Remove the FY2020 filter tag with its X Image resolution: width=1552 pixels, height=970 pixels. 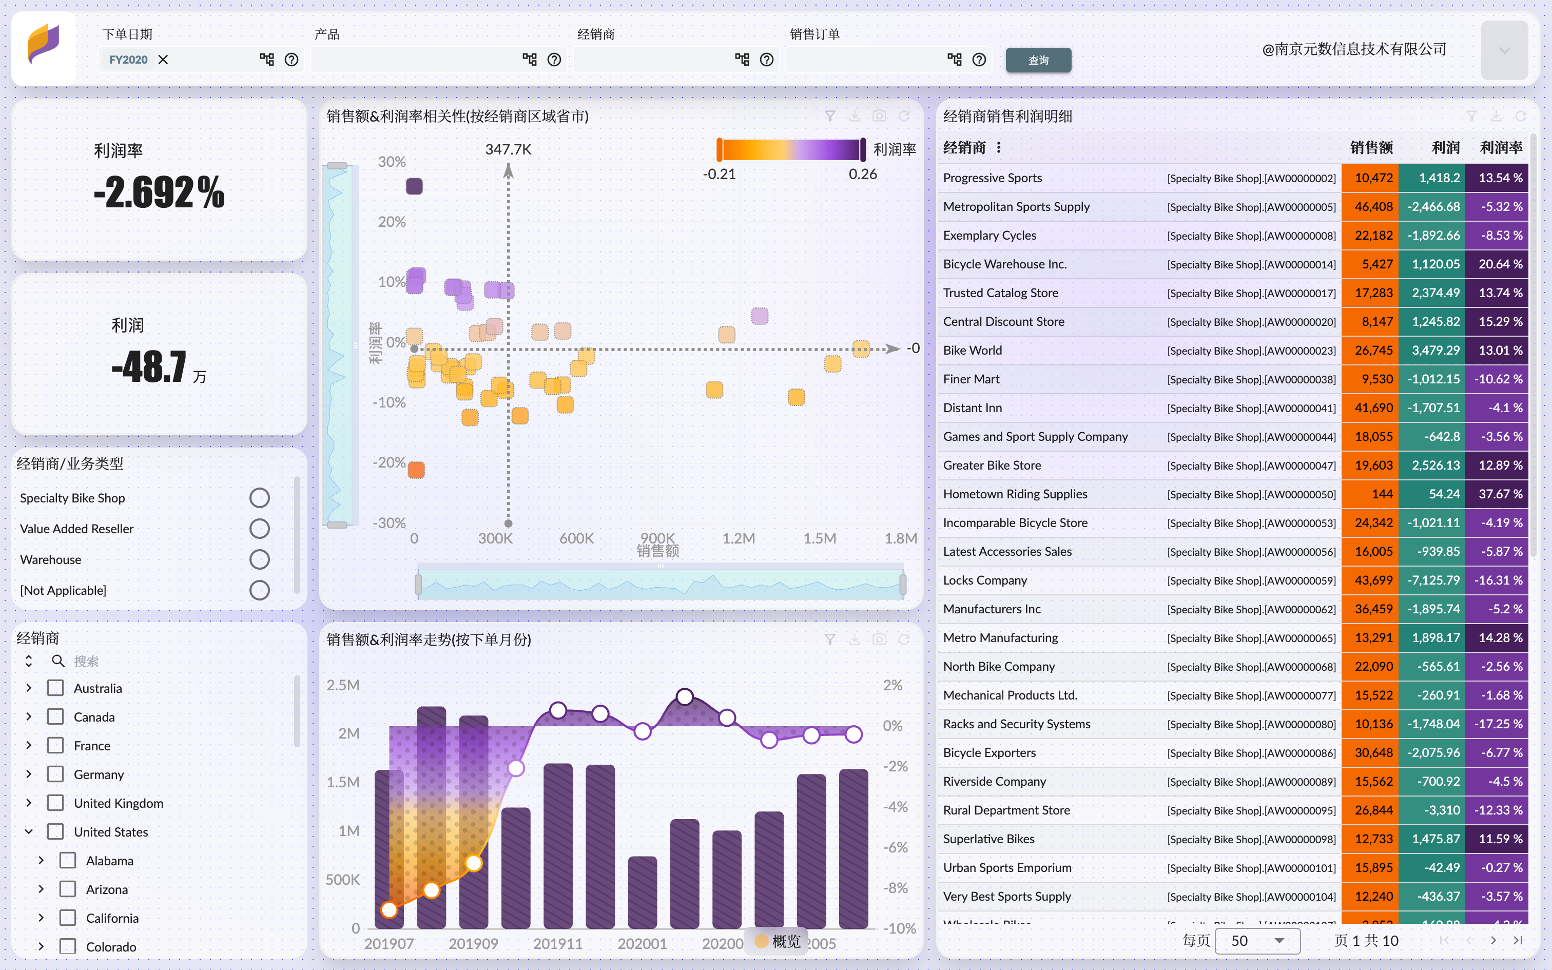[x=164, y=60]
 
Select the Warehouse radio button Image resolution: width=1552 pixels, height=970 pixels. [x=259, y=559]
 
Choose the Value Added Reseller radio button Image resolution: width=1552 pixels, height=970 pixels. [x=259, y=529]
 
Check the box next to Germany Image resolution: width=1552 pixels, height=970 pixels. [x=56, y=774]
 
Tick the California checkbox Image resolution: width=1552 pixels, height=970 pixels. [x=68, y=918]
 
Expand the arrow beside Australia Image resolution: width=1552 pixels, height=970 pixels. [x=29, y=688]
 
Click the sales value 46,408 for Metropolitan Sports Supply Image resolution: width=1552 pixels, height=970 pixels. [x=1373, y=206]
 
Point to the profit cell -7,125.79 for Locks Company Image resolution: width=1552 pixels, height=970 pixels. [x=1433, y=580]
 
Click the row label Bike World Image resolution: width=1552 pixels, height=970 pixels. [x=972, y=350]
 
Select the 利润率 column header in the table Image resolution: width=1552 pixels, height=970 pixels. [x=1501, y=148]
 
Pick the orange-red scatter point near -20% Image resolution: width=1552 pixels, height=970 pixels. [x=416, y=470]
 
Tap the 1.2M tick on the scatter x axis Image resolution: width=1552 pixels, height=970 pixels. [x=738, y=538]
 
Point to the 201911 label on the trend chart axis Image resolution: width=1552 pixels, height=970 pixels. [x=557, y=944]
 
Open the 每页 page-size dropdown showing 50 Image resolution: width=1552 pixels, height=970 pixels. [x=1257, y=940]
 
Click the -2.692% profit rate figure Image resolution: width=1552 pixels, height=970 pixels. [x=159, y=192]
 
